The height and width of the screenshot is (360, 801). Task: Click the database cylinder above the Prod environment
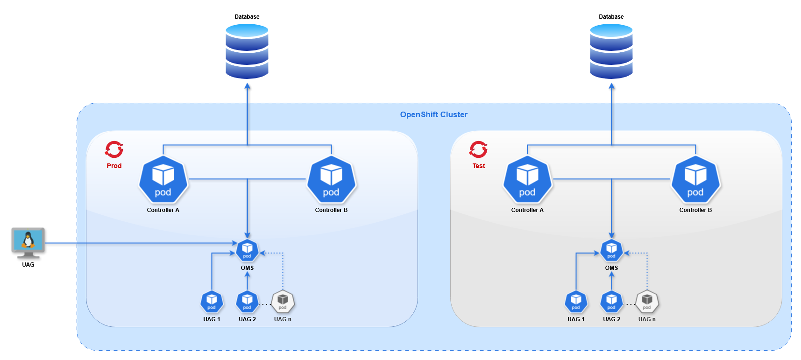[247, 51]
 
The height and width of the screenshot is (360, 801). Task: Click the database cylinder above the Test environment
[611, 51]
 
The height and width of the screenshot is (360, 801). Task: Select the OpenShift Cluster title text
[433, 114]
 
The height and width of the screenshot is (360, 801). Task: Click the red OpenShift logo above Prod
[114, 149]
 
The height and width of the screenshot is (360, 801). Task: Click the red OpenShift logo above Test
[478, 149]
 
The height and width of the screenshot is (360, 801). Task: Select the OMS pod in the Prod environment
[247, 251]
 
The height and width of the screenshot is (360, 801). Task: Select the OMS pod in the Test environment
[611, 251]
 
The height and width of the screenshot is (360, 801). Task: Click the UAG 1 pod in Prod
[212, 302]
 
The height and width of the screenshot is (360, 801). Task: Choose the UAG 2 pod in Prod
[247, 302]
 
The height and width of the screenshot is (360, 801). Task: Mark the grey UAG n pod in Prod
[283, 302]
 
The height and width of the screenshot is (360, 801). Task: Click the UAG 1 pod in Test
[576, 302]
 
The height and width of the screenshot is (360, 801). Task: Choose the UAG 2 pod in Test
[611, 302]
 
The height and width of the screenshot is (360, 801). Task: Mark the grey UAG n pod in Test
[647, 302]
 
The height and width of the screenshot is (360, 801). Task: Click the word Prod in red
[114, 166]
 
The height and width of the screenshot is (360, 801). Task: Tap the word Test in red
[479, 166]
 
